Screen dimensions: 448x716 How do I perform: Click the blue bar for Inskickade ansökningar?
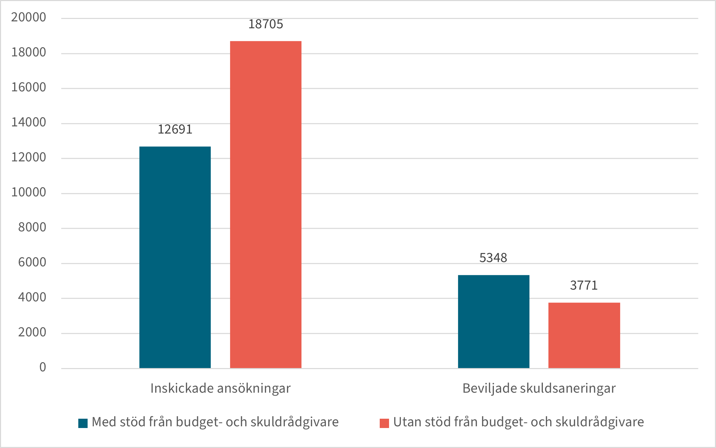pos(175,257)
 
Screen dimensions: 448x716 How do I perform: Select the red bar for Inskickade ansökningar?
pos(266,205)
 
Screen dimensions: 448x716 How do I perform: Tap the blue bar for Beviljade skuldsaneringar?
pos(494,322)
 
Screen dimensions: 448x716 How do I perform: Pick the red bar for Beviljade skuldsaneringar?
pos(584,335)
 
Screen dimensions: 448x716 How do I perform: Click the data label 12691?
pos(175,129)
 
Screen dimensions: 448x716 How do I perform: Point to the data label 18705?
pos(266,24)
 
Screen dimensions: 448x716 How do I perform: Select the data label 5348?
pos(493,258)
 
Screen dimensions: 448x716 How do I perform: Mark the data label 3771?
pos(584,285)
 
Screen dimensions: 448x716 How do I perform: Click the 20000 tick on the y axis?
pos(29,17)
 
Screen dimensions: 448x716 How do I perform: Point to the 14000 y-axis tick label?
pos(29,122)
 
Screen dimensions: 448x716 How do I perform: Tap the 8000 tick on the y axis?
pos(32,227)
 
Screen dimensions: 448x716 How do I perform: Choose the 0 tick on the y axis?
pos(42,367)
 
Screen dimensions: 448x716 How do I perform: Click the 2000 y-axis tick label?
pos(32,333)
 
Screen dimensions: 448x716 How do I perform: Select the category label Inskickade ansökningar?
pos(220,388)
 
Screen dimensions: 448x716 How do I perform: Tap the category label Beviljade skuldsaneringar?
pos(539,388)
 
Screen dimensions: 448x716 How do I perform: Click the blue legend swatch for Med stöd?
pos(83,423)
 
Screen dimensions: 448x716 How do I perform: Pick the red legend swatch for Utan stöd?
pos(384,423)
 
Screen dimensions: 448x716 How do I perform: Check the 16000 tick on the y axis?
pos(29,88)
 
